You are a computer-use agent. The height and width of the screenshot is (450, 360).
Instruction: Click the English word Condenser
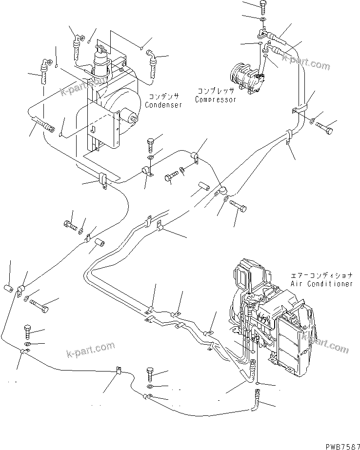[163, 105]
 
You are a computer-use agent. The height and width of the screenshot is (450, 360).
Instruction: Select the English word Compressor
[216, 99]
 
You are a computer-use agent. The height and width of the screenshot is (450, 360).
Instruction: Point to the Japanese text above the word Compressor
[216, 91]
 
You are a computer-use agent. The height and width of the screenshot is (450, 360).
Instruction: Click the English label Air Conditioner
[321, 283]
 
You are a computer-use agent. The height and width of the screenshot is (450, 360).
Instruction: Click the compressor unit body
[247, 77]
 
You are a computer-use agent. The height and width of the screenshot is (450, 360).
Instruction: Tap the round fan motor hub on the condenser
[130, 117]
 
